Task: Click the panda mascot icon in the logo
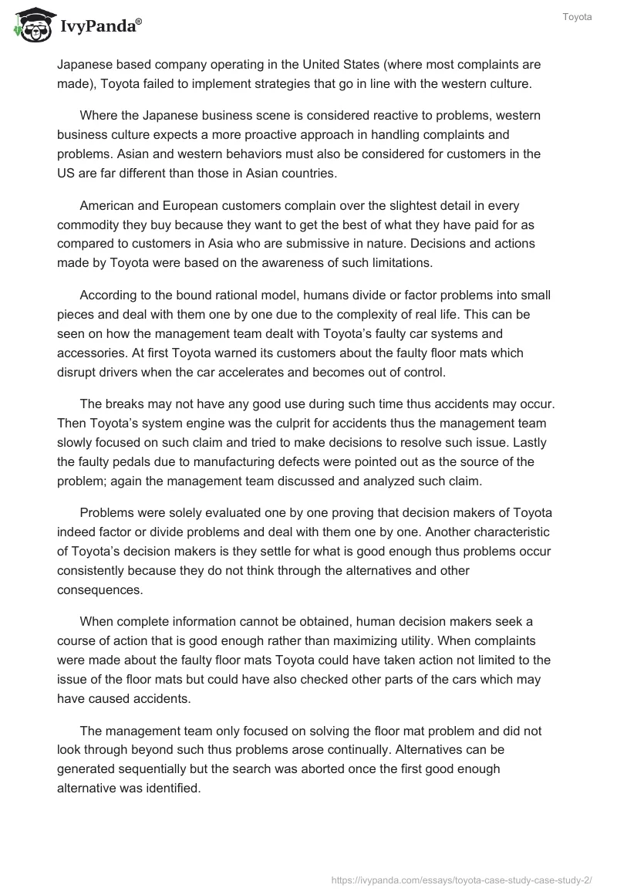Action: pos(32,25)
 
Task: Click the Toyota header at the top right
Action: pos(578,17)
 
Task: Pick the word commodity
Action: pos(89,224)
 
